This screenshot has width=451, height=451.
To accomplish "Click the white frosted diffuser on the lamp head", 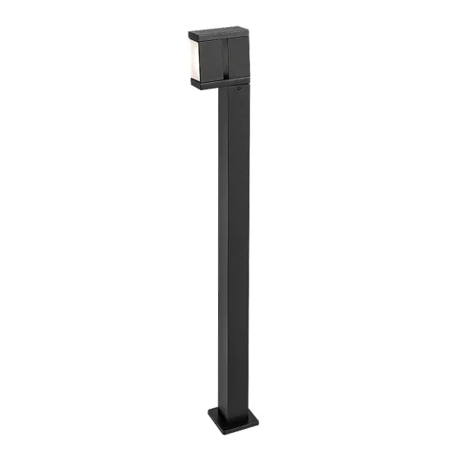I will [x=193, y=60].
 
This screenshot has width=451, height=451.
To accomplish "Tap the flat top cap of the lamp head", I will [x=217, y=34].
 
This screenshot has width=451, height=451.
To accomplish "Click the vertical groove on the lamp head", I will [x=220, y=59].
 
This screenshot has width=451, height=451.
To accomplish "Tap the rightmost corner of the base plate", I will [x=258, y=414].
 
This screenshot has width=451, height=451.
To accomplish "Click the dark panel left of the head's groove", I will [x=207, y=59].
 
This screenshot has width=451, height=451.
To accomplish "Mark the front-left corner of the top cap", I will [x=190, y=37].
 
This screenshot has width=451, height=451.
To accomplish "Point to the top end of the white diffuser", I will [x=193, y=43].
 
